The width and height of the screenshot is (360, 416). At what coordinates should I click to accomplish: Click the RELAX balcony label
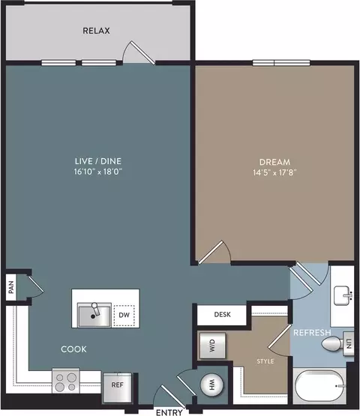96,31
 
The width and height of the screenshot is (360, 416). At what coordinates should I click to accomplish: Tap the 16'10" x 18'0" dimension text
97,172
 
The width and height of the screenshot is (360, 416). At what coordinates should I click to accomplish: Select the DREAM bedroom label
274,162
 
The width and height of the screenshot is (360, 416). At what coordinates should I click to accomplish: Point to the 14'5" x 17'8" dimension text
274,172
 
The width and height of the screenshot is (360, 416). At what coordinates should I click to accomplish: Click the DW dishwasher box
124,315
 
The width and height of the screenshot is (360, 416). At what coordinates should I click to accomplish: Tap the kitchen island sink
94,315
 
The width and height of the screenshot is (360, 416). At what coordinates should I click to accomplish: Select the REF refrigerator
117,388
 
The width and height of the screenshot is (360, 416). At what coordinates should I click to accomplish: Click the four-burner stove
66,381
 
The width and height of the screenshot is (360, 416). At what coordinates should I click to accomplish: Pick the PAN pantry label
11,287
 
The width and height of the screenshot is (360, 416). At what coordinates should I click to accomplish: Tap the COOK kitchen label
73,349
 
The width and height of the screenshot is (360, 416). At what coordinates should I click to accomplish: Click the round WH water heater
211,385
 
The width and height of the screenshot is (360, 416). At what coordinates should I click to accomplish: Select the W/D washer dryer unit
212,346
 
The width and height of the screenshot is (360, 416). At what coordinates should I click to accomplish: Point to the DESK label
223,314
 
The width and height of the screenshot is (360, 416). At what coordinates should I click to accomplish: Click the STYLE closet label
265,361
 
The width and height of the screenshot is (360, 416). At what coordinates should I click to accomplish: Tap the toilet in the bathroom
333,344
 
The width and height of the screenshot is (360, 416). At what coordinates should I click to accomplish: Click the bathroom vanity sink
343,295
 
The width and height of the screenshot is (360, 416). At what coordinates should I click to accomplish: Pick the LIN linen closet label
349,343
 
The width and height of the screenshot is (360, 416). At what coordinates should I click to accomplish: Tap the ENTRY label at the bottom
169,412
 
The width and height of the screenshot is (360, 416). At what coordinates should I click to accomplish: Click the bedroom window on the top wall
281,63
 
